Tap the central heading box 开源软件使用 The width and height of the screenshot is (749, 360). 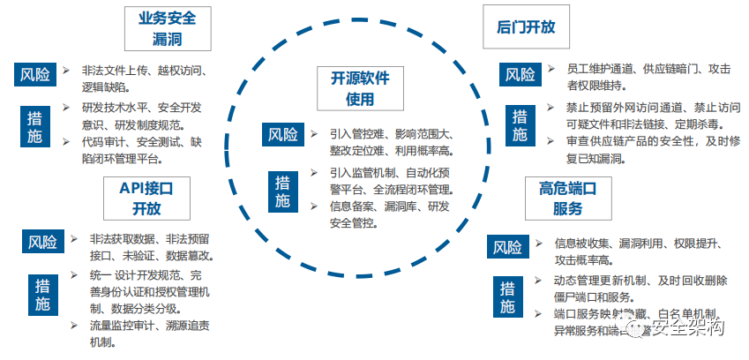[x=359, y=88]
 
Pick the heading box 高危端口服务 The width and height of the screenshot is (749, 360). [x=562, y=198]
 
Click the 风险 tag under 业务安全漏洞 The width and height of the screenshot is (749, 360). [x=35, y=74]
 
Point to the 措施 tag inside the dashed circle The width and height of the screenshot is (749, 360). [x=282, y=191]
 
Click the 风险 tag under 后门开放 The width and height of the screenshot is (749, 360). [x=521, y=75]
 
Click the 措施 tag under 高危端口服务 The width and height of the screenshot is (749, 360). [x=507, y=296]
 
